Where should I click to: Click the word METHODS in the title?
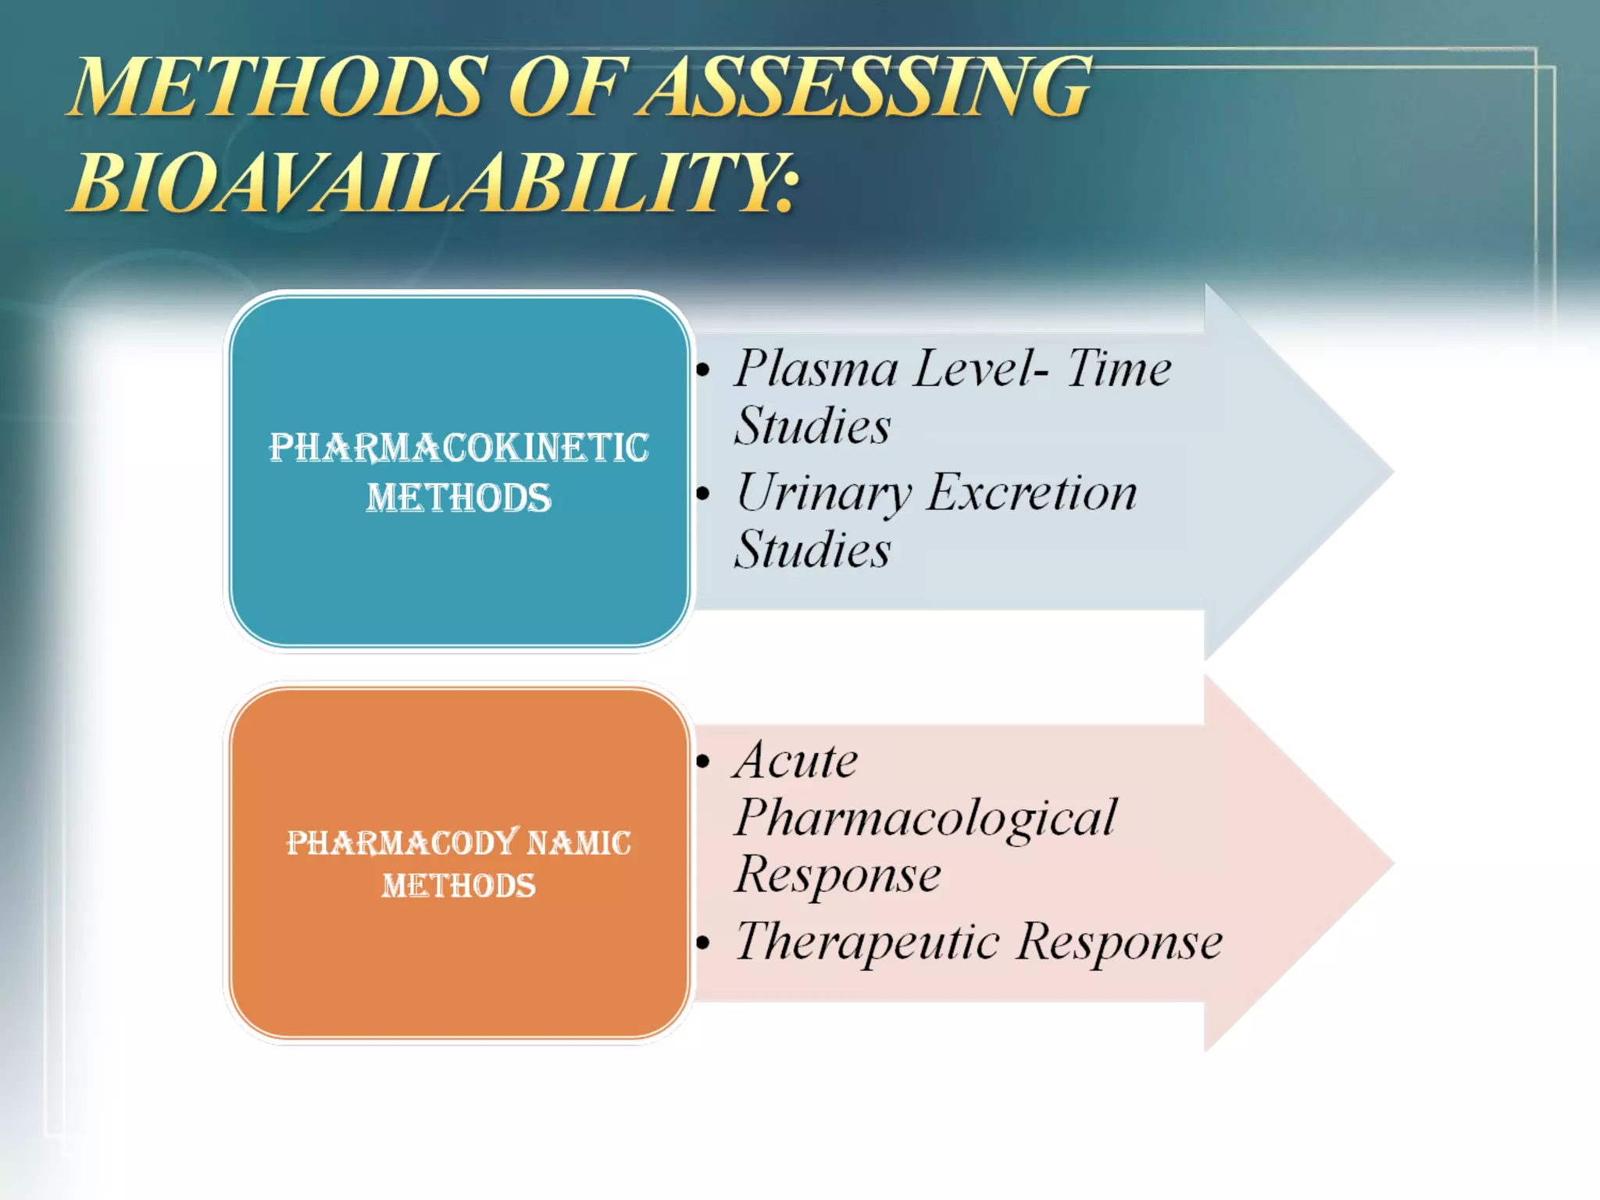278,87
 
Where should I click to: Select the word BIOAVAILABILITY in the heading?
434,183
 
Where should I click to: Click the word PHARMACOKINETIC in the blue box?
459,448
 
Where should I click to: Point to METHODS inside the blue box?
459,498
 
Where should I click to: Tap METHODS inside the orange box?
459,886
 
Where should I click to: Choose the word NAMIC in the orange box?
579,843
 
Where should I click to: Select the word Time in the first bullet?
1119,368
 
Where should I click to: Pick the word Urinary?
823,495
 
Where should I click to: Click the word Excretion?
1032,493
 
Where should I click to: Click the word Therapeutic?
867,942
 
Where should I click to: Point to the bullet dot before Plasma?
703,370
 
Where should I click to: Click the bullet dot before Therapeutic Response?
703,944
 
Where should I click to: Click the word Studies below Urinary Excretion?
812,550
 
